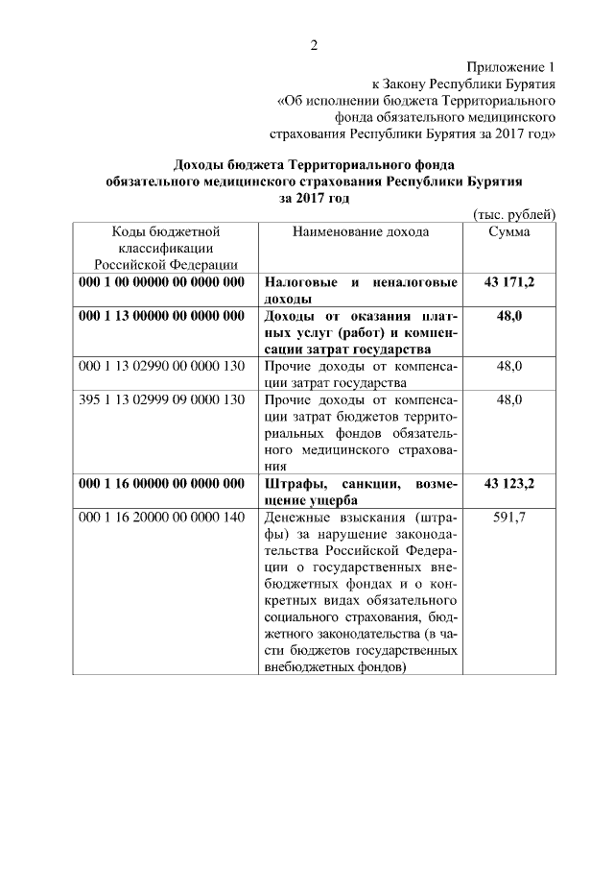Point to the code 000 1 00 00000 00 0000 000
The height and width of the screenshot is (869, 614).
coord(162,283)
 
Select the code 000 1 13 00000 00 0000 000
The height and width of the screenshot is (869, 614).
coord(162,316)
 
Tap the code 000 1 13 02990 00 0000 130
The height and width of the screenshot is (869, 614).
coord(162,367)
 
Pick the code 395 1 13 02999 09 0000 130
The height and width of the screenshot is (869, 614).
coord(162,399)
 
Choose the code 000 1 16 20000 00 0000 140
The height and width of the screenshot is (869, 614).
coord(162,518)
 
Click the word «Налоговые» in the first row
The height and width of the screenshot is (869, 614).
coord(300,283)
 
